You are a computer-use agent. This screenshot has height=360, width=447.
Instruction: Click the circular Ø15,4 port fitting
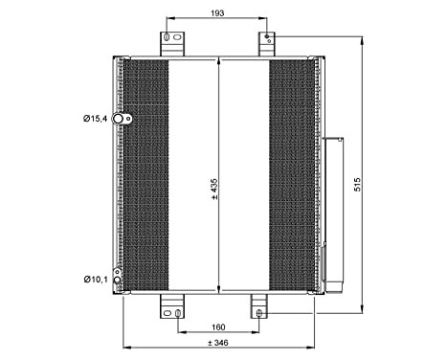tap(120, 120)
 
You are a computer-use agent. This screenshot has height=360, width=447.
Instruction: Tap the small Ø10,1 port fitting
tap(118, 280)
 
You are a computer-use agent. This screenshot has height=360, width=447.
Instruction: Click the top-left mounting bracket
tap(169, 44)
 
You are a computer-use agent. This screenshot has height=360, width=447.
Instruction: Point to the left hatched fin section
tap(144, 177)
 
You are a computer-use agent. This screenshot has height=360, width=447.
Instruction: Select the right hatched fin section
tap(291, 177)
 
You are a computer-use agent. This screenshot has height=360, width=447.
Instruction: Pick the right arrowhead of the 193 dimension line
tap(265, 17)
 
